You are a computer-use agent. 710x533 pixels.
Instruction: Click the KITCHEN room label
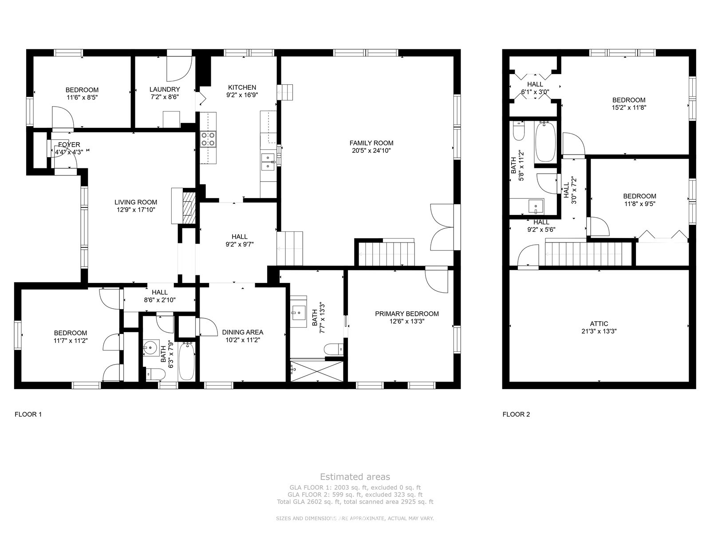pos(242,88)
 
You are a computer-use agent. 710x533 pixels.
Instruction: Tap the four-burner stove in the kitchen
pos(208,139)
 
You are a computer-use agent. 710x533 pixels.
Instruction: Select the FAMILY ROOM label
pos(371,143)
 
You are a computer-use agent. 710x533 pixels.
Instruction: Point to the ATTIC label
pos(599,324)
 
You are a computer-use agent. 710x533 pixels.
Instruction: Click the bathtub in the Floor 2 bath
pos(545,141)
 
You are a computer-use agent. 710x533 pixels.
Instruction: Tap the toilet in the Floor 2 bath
pos(519,131)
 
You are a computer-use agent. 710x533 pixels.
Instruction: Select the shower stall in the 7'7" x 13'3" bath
pos(317,371)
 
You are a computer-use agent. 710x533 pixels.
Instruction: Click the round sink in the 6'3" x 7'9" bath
pos(151,348)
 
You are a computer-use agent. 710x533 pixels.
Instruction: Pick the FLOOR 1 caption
pos(28,414)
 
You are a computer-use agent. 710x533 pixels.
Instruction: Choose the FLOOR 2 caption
pos(516,414)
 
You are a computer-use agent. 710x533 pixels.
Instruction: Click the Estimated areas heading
pos(355,477)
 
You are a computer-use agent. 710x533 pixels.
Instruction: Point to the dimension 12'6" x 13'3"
pos(407,321)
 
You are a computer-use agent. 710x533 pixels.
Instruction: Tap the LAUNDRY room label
pos(165,89)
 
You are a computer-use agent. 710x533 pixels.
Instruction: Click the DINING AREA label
pos(243,332)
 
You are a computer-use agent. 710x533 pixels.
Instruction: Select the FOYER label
pos(69,145)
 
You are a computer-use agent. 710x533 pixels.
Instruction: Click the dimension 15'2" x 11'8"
pos(629,108)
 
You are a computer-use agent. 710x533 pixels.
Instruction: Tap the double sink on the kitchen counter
pos(268,162)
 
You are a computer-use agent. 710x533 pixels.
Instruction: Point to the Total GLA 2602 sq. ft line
pos(355,502)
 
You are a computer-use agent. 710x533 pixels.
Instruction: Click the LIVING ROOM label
pos(136,202)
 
